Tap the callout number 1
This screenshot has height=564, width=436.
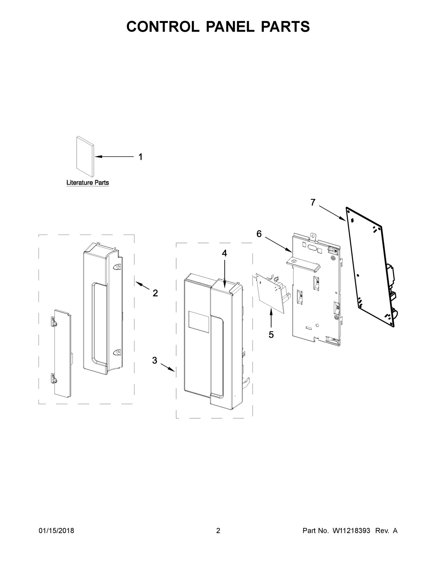(140, 157)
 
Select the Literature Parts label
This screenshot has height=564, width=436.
(88, 183)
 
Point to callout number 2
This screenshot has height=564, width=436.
(155, 293)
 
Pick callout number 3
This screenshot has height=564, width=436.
(154, 360)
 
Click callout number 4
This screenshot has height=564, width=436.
(225, 253)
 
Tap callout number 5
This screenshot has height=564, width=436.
(271, 334)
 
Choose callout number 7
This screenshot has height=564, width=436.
(313, 203)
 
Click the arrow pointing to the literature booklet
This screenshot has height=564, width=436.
(114, 157)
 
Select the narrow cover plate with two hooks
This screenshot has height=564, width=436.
(62, 352)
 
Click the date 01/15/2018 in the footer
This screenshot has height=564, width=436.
(56, 531)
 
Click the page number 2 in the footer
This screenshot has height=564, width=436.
(218, 531)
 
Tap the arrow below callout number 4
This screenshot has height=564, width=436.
(225, 271)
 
